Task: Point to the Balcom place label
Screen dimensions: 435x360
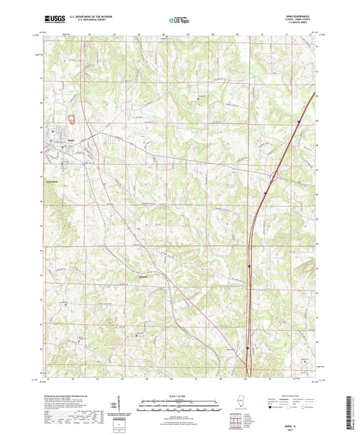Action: [143, 278]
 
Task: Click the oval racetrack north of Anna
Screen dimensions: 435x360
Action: [72, 122]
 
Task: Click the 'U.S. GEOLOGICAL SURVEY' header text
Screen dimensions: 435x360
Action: [84, 20]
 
